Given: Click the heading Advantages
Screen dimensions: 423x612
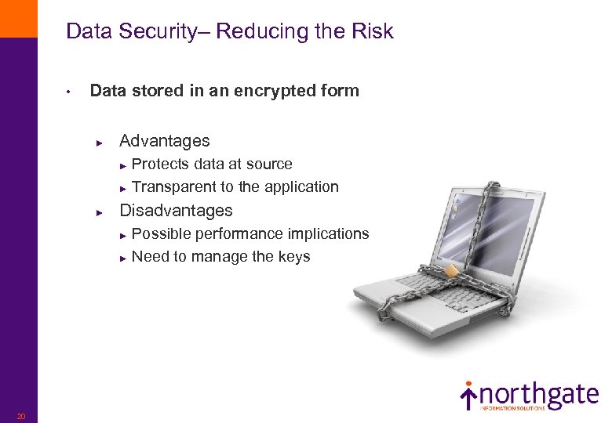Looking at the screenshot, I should click(x=164, y=141).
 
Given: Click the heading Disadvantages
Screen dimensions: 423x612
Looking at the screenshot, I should click(x=176, y=211).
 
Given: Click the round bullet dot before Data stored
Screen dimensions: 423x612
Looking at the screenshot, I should click(x=69, y=92).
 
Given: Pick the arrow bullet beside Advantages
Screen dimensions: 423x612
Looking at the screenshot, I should click(x=100, y=143).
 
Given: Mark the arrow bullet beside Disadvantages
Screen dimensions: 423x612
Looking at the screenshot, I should click(x=100, y=212).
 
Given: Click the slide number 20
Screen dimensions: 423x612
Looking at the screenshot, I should click(x=21, y=415).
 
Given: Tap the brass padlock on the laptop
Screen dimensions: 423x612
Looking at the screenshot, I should click(x=453, y=271).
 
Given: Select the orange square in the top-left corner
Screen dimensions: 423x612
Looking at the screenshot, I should click(x=18, y=18).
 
